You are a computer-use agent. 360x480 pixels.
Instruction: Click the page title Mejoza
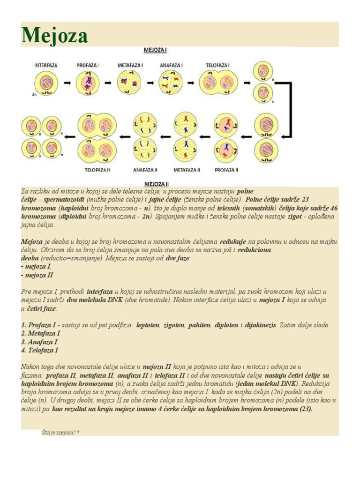[x=54, y=35]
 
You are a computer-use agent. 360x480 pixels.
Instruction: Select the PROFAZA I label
[x=88, y=66]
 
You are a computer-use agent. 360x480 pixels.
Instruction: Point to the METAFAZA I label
[x=129, y=66]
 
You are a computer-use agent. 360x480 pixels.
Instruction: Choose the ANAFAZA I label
[x=171, y=66]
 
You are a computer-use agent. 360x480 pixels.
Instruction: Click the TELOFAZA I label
[x=217, y=66]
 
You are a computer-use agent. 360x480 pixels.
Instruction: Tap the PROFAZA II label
[x=226, y=170]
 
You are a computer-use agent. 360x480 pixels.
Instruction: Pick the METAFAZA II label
[x=187, y=170]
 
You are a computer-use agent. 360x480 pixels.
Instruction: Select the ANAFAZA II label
[x=145, y=170]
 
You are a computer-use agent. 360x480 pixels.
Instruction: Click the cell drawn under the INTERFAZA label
[x=46, y=83]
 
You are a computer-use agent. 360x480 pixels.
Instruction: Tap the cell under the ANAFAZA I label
[x=171, y=83]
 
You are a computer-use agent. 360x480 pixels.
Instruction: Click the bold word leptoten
[x=147, y=325]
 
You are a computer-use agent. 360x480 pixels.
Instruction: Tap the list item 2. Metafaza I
[x=41, y=333]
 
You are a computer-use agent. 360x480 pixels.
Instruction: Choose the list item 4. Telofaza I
[x=40, y=350]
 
